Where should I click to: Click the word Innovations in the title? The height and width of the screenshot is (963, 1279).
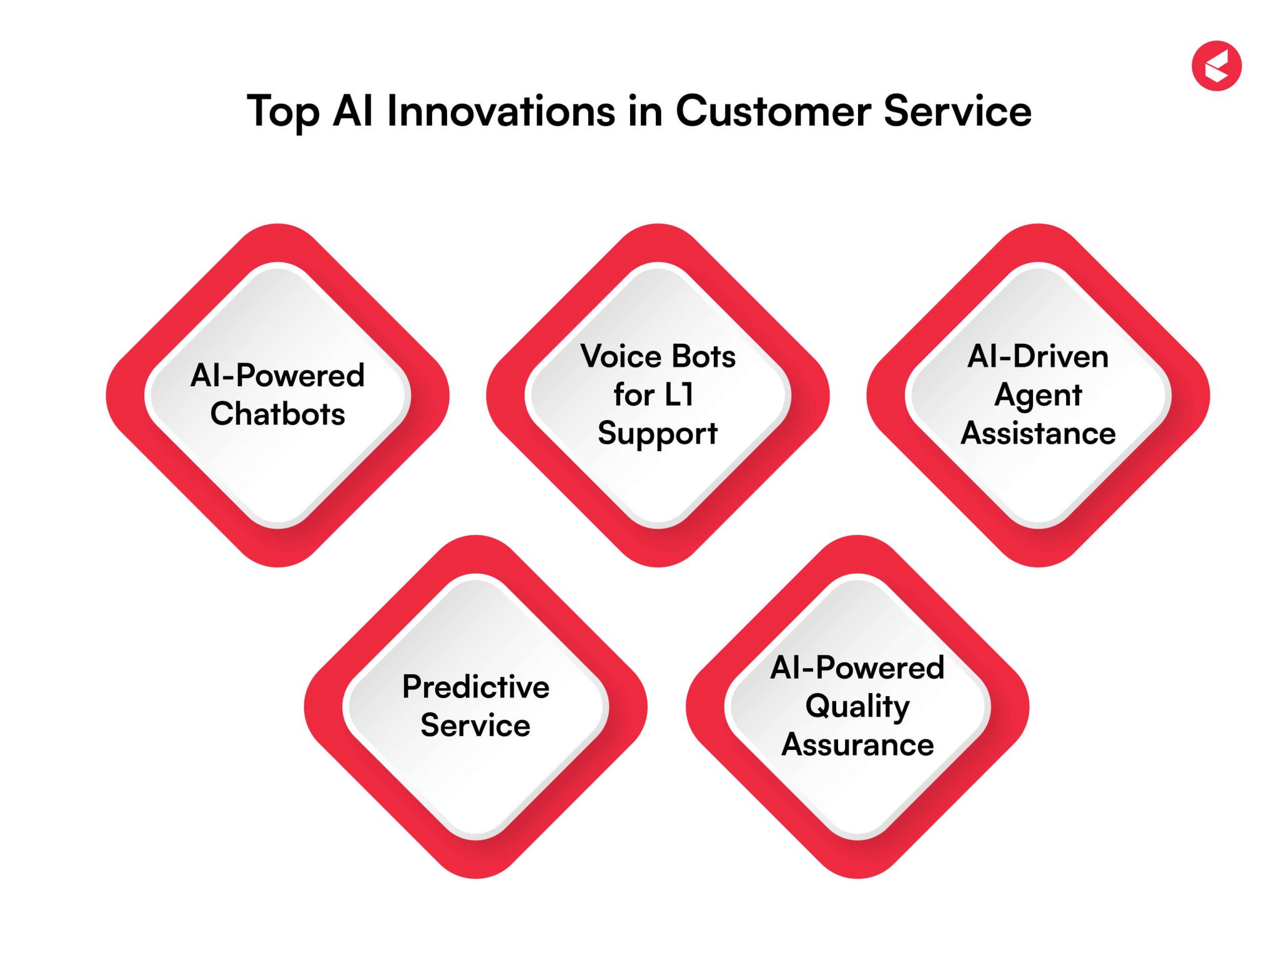[501, 111]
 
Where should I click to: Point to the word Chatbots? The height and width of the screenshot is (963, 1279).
[277, 414]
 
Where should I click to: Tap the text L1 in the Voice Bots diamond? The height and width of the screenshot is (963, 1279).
[679, 395]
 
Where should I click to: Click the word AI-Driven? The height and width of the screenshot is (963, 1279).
[1037, 357]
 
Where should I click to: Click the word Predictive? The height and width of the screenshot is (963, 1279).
[475, 687]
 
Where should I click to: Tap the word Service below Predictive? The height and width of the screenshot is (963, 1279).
[475, 726]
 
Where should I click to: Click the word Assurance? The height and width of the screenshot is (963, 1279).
[857, 745]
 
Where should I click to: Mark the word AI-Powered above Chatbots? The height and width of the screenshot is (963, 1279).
[277, 376]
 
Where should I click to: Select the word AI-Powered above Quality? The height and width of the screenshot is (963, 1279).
[857, 668]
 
